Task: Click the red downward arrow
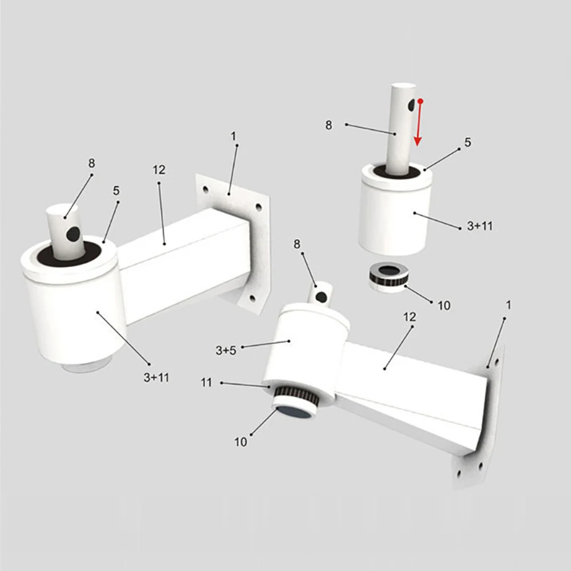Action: [419, 122]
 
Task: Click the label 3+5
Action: [226, 351]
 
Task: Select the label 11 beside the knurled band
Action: [206, 383]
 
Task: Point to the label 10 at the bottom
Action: [241, 442]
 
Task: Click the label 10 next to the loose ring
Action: [444, 305]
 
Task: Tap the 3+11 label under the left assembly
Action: [156, 377]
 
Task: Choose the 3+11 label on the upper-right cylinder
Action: [480, 226]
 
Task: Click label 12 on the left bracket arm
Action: [159, 170]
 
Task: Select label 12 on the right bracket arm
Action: [409, 317]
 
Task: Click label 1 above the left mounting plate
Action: [234, 136]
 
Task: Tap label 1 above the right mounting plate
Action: [508, 305]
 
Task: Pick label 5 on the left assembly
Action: [116, 191]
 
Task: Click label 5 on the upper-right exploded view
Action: [468, 142]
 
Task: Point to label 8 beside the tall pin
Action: [328, 125]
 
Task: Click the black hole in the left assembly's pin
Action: [73, 234]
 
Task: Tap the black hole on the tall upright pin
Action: [412, 105]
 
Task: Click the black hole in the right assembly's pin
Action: [321, 297]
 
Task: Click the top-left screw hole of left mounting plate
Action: [206, 190]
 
